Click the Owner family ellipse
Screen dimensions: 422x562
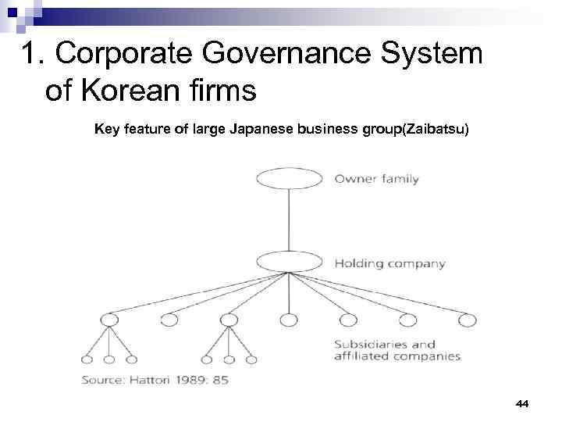click(290, 178)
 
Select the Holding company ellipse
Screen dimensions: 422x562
click(290, 263)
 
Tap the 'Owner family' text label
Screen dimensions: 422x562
click(376, 179)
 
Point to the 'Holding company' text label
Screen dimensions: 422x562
click(389, 263)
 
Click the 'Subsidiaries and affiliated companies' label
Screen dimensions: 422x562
click(397, 350)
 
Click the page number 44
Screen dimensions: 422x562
click(522, 403)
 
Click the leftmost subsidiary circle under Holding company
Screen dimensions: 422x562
click(109, 319)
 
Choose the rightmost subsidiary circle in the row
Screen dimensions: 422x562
click(467, 319)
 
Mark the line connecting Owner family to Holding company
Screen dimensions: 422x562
click(290, 220)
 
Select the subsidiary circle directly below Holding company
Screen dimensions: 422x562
click(289, 319)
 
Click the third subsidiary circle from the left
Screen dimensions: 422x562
click(229, 319)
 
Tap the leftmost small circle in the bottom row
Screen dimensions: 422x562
click(87, 359)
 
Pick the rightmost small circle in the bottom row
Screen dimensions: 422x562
click(251, 359)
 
